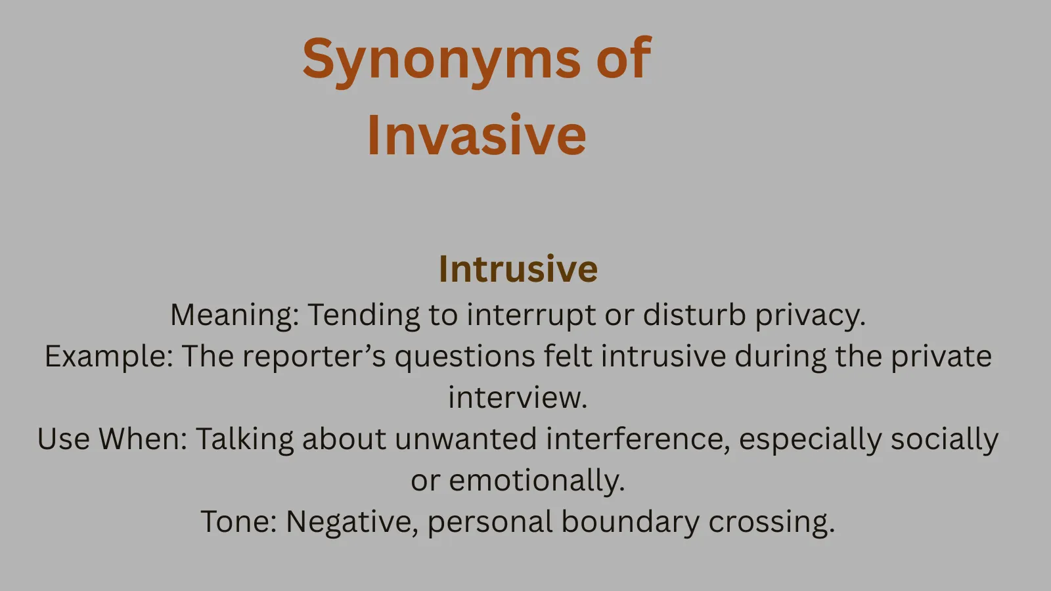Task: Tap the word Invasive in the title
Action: coord(476,135)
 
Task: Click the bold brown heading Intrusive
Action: coord(518,269)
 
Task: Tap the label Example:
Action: coord(108,357)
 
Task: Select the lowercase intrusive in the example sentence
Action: coord(663,357)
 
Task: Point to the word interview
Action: coord(518,398)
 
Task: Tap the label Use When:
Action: coord(112,439)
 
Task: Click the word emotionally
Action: coord(537,481)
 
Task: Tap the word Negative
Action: coord(352,522)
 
